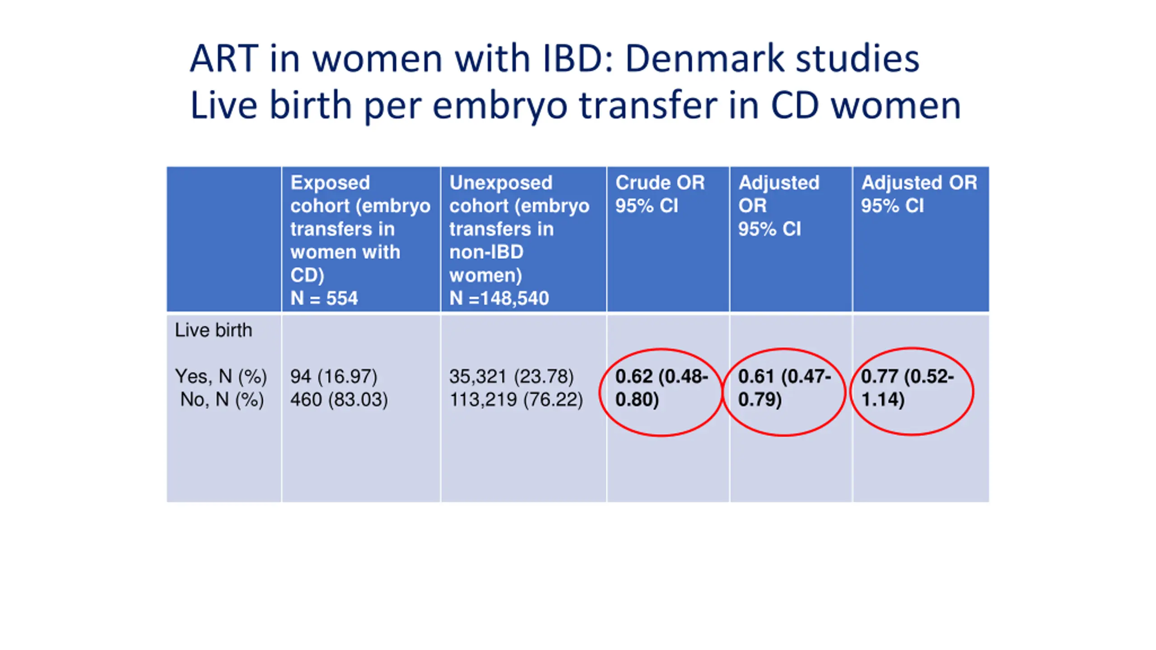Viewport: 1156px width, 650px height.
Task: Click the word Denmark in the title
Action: [704, 59]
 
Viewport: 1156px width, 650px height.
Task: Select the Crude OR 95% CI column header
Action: [659, 194]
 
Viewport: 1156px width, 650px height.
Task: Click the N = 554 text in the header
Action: [324, 298]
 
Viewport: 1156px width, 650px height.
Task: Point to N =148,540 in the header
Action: [499, 298]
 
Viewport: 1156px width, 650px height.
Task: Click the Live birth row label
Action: [213, 330]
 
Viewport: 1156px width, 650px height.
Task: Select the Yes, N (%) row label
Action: [221, 376]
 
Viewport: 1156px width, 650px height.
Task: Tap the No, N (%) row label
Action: [222, 399]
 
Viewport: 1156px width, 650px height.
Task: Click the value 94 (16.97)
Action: [333, 376]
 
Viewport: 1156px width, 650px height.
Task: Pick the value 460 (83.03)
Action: [339, 399]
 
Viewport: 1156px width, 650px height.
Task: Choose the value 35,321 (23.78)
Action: [511, 376]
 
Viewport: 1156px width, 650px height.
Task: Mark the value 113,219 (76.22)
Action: [516, 399]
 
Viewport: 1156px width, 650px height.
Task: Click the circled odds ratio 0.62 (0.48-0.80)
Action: [661, 388]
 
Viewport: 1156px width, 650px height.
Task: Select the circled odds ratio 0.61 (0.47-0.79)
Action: [784, 388]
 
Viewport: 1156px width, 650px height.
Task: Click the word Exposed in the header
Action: [330, 183]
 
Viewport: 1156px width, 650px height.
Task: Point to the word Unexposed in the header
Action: [500, 183]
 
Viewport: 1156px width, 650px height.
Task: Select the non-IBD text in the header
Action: [486, 252]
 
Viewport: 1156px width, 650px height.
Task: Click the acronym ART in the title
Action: [224, 59]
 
